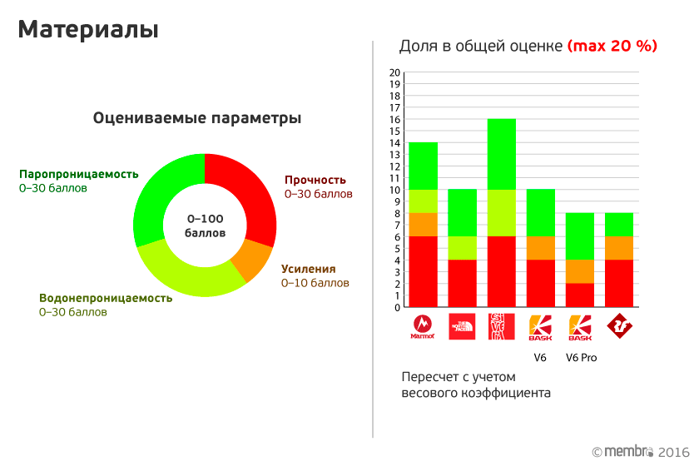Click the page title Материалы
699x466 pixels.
88,30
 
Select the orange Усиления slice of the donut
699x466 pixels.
252,260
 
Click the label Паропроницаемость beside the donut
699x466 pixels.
79,175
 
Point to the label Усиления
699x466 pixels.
308,269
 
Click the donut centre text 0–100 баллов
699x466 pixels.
205,226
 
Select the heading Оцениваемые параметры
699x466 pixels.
197,118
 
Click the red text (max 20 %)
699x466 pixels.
612,46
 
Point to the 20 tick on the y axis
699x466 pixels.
395,72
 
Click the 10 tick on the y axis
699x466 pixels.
395,190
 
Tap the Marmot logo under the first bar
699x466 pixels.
423,326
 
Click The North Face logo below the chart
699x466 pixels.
462,326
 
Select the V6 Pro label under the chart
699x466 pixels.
581,358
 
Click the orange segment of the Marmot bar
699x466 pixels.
424,225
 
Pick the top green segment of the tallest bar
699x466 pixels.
502,154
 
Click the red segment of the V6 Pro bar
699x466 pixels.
580,295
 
